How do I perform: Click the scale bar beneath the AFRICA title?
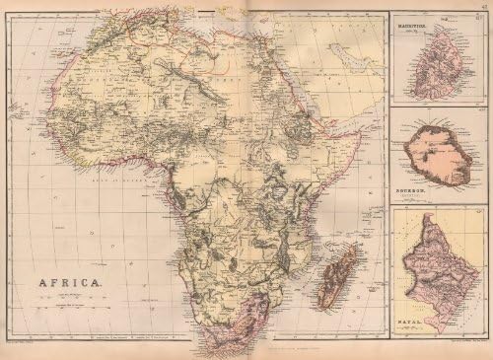(69, 296)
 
